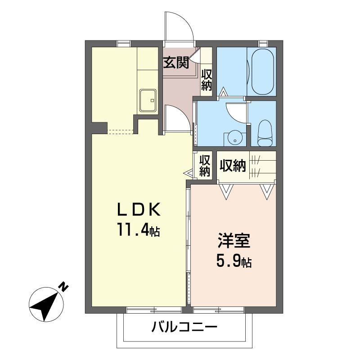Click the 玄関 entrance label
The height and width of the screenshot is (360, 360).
(176, 63)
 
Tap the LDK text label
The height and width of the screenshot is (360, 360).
(139, 209)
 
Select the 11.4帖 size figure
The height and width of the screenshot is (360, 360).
(139, 229)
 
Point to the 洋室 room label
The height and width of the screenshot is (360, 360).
(234, 240)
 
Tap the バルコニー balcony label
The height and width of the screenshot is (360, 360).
(184, 326)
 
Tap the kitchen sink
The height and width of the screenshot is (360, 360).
(148, 100)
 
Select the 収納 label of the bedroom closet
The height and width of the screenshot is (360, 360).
(233, 166)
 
